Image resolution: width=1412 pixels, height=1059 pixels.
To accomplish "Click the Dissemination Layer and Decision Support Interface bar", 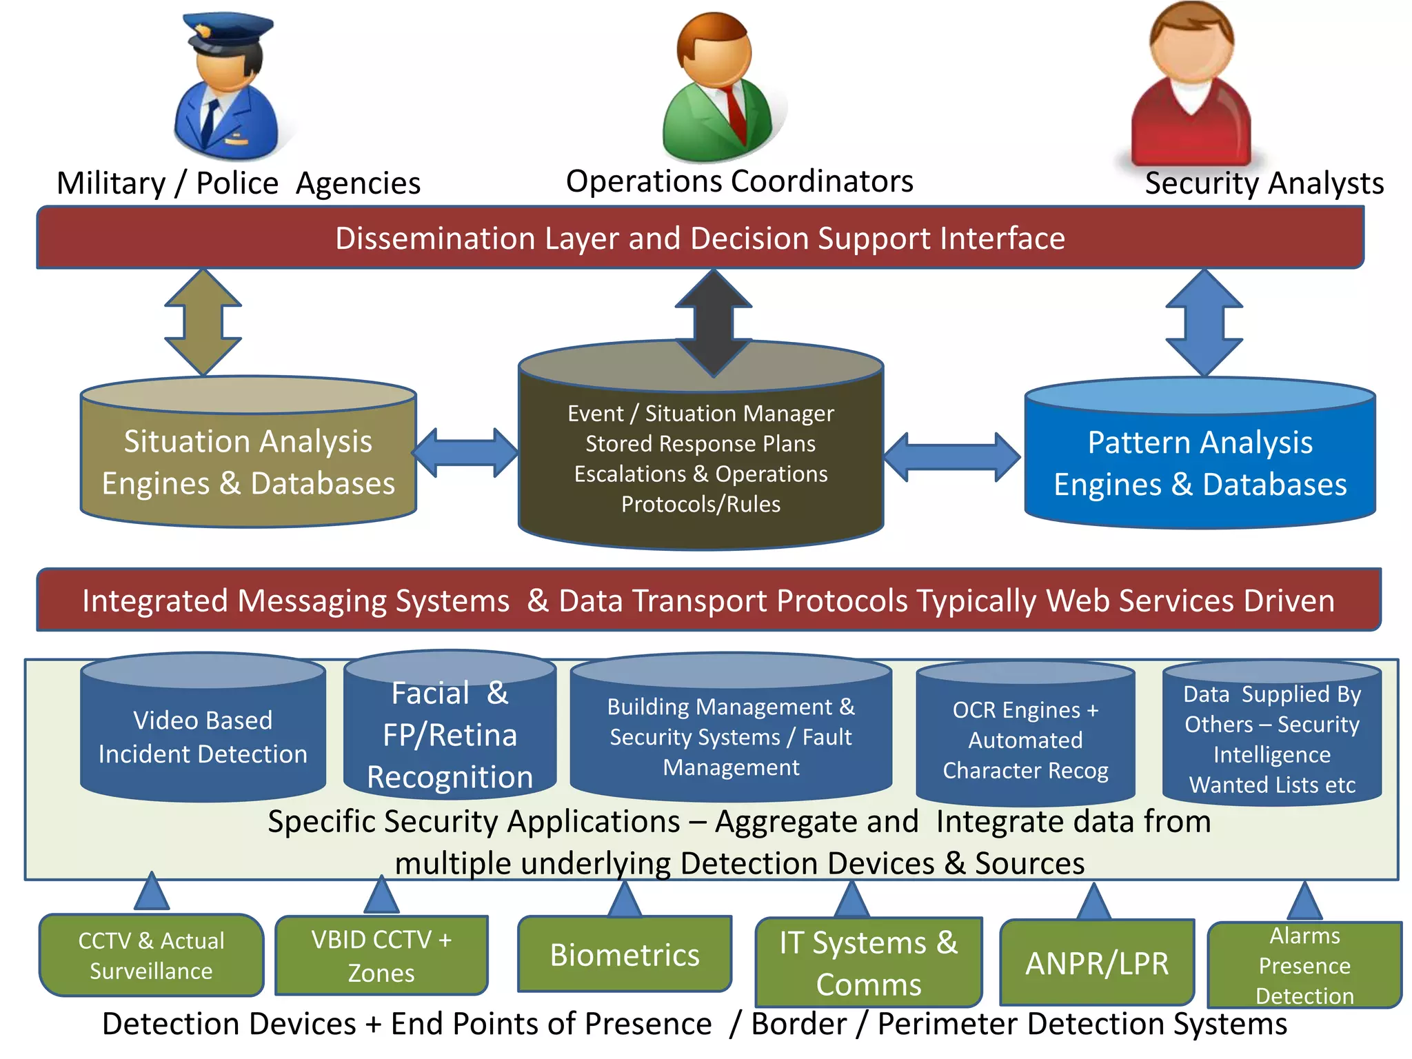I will (700, 239).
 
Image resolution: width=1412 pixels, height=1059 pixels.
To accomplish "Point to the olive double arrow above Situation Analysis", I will (203, 322).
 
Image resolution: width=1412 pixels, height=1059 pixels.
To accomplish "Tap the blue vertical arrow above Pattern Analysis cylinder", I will (1204, 323).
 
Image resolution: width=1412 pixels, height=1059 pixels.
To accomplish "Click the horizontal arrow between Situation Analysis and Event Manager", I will (465, 453).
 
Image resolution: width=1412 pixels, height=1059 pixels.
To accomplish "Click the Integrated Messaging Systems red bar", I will (708, 601).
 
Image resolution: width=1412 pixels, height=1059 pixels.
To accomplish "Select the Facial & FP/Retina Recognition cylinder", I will (450, 735).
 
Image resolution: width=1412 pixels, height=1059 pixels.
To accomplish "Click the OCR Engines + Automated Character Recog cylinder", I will (1025, 740).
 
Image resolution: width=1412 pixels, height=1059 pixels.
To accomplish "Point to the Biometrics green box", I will (625, 955).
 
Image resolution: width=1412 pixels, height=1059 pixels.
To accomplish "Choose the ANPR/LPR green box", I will (1097, 963).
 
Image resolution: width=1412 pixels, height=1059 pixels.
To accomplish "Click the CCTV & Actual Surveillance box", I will (151, 956).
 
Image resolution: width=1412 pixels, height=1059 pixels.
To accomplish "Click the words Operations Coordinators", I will (739, 181).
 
